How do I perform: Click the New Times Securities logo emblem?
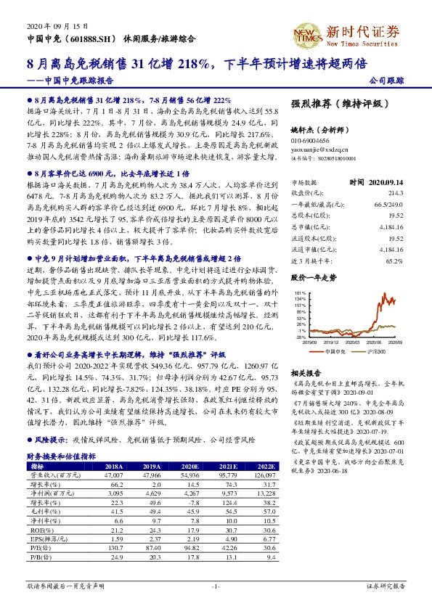307,33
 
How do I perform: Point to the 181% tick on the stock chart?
298,292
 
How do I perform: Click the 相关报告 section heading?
305,371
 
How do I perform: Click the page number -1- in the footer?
215,604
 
